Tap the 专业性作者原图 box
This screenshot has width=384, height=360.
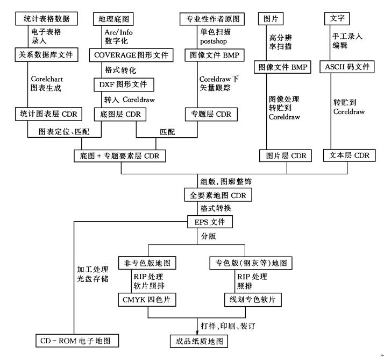click(x=212, y=19)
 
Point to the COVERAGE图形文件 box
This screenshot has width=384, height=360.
click(x=131, y=55)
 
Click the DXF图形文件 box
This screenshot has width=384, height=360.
click(x=124, y=84)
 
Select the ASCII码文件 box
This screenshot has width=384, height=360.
click(x=347, y=67)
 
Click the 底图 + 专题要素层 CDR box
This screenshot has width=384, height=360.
click(x=120, y=156)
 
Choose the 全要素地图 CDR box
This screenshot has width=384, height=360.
click(x=217, y=195)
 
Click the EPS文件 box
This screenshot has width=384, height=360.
click(x=209, y=221)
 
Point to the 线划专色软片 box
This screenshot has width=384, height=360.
click(x=250, y=298)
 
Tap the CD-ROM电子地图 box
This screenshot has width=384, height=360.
click(x=77, y=341)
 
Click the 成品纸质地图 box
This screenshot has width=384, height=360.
click(x=197, y=341)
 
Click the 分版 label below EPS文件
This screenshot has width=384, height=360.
click(x=208, y=236)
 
